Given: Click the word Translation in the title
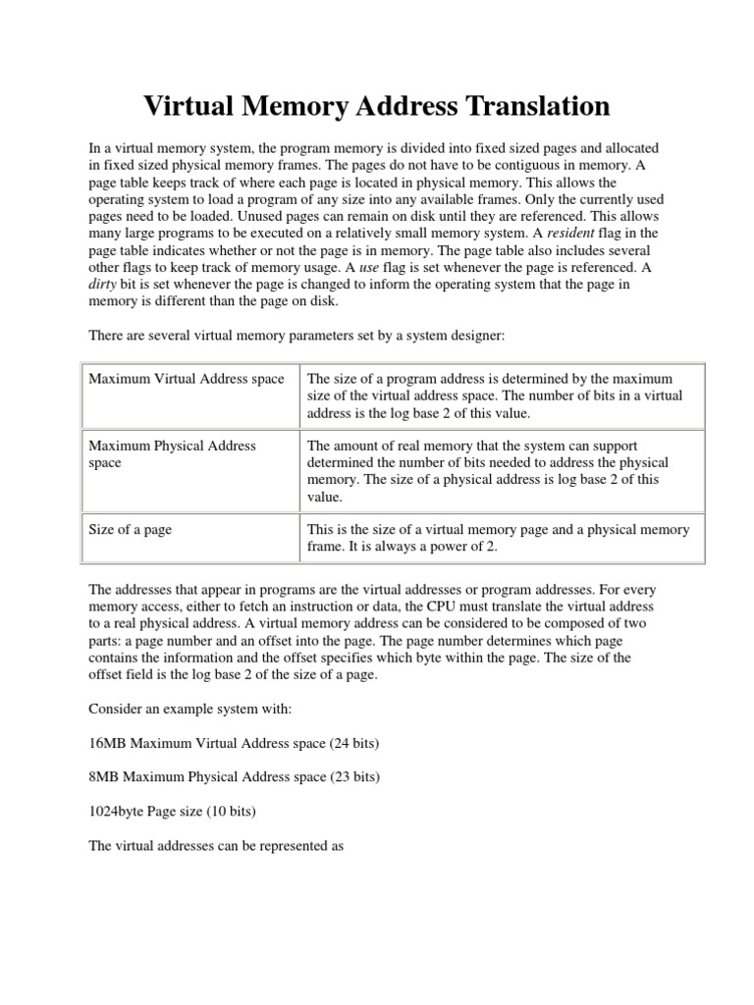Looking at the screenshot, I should [526, 106].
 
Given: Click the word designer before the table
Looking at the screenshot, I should [469, 337].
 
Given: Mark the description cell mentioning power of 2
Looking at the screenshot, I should [500, 538].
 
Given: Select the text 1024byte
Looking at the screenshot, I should [118, 811].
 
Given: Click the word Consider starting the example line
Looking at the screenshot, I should [117, 710].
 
